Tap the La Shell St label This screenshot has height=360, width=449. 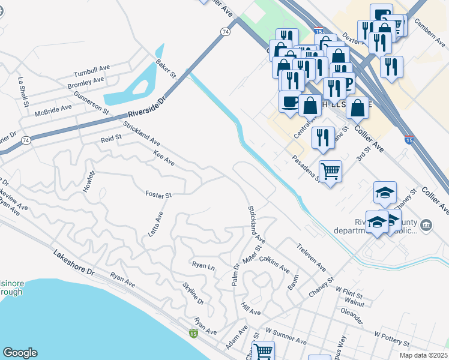point(23,92)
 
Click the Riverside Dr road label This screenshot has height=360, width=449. point(146,107)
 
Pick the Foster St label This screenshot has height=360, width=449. point(158,194)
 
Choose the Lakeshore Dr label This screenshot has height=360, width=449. point(74,262)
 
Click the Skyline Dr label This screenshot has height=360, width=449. point(193,293)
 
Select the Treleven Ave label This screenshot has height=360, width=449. point(312,257)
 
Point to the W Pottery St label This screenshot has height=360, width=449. point(391,338)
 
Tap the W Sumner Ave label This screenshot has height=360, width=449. point(286,337)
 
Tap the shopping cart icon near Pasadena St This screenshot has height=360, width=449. point(330,171)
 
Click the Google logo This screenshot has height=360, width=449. point(20,353)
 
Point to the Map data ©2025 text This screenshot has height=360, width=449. point(423,355)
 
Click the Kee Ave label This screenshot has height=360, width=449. point(164,158)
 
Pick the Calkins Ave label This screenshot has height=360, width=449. point(275,266)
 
